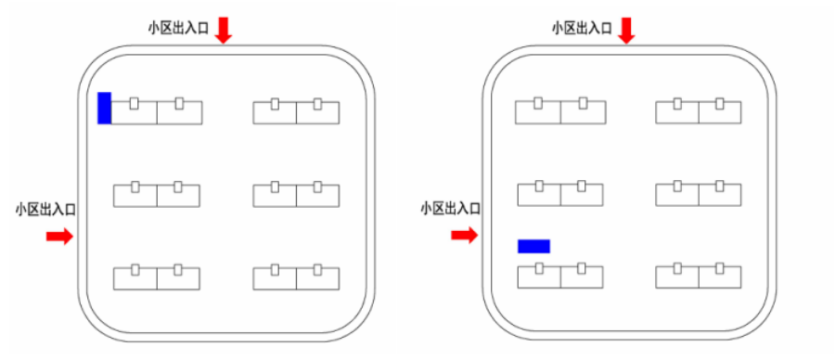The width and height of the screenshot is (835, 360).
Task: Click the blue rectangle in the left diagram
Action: coord(105,108)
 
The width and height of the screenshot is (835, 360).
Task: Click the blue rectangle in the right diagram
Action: coord(533,246)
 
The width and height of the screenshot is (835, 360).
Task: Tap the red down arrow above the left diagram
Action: coord(223,30)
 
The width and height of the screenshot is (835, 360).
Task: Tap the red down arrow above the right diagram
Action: coord(626,30)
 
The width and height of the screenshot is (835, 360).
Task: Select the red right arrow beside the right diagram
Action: coord(464,236)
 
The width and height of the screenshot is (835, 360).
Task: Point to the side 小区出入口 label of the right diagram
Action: coord(449,209)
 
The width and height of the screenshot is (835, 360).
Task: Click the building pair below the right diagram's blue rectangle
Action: coord(560,276)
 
